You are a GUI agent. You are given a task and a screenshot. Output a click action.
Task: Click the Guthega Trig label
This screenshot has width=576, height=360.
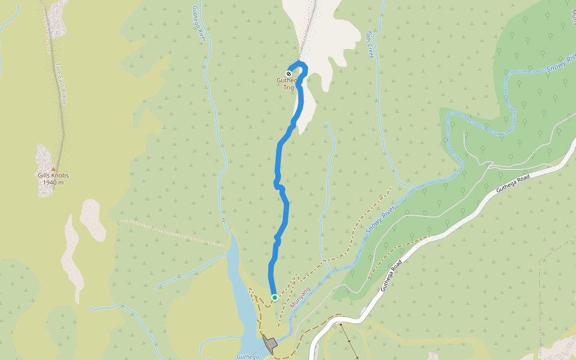pos(289,83)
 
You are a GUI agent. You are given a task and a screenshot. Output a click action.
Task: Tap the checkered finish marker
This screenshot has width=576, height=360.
pos(289,74)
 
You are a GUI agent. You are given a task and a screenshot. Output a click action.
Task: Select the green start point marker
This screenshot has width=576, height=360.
pos(274,297)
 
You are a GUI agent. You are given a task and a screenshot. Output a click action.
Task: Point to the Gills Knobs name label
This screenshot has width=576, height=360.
pos(53,176)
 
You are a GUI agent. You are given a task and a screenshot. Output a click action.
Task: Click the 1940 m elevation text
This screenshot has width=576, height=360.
pos(53,182)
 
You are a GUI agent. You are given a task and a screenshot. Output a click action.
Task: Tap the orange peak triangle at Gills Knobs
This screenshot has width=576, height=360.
pos(53,169)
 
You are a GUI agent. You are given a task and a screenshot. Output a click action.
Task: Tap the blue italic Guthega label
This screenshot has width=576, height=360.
pos(247,356)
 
